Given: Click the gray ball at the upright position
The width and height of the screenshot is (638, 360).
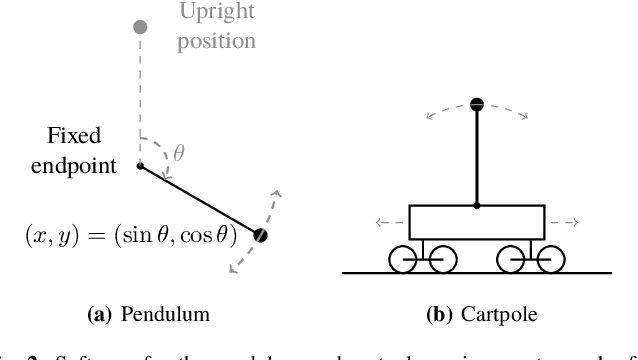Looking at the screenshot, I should coord(140,26).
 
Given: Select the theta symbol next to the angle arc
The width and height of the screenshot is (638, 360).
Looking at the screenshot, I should coord(179,152).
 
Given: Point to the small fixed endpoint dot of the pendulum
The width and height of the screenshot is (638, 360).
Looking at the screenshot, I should coord(140,165).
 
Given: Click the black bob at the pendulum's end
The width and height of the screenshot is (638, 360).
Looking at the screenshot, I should coord(261,236).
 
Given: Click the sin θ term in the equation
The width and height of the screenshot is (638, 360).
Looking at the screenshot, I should coord(140,236).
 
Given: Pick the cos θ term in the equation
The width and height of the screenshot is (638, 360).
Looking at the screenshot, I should coord(209,236).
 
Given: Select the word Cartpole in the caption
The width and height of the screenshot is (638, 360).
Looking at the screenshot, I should coord(497,314).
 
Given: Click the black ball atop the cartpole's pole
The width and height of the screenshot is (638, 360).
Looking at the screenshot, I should coord(477,103).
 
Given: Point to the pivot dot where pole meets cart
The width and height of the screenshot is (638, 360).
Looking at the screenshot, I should coord(477,206).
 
